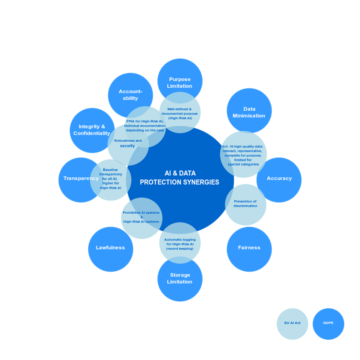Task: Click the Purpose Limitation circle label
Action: [180, 83]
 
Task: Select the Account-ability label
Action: [130, 95]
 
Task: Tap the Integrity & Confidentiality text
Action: [92, 130]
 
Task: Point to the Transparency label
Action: [81, 178]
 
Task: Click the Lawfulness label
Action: [110, 247]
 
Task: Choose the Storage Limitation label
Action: [180, 278]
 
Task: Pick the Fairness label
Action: [249, 247]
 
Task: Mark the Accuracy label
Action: [279, 178]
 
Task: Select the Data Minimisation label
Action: [249, 112]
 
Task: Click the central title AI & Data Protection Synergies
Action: [180, 178]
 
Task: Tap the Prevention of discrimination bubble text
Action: [245, 203]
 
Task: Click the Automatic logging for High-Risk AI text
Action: [180, 244]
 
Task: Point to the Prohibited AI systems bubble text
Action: [141, 217]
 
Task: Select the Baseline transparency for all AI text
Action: [110, 178]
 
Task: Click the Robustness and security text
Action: [128, 143]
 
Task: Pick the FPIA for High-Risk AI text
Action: [145, 126]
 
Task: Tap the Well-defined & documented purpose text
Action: [180, 113]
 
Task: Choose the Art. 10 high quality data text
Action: [243, 155]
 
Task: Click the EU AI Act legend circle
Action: [292, 323]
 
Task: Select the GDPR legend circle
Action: [328, 323]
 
